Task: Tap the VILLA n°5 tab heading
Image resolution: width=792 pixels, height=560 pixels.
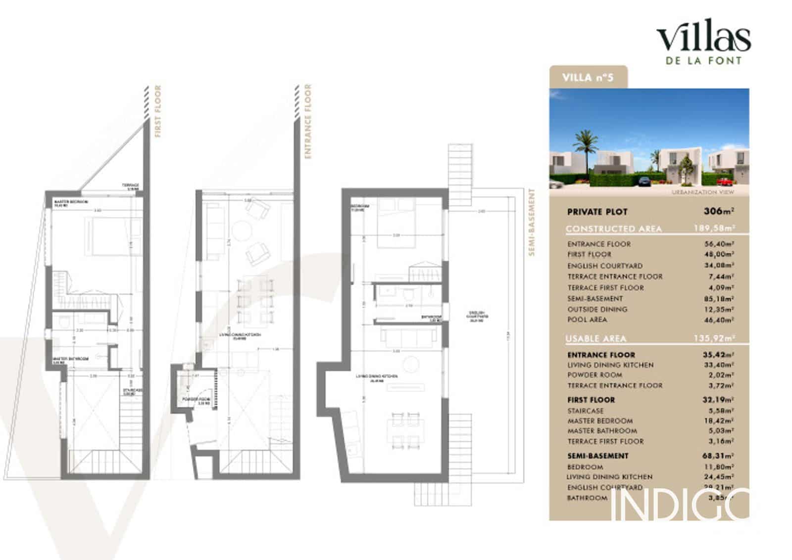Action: [588, 77]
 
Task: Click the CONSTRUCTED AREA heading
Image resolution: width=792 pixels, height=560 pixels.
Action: [613, 229]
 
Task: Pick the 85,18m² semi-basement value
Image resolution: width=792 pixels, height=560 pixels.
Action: [719, 298]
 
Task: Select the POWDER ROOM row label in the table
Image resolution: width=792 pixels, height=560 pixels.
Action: [594, 375]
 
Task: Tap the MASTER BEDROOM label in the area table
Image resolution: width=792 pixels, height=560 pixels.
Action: [600, 421]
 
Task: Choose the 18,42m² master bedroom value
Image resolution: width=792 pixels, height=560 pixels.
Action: [719, 421]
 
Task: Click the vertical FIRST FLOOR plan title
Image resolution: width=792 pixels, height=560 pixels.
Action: [158, 111]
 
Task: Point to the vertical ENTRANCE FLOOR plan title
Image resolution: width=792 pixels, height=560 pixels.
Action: [308, 121]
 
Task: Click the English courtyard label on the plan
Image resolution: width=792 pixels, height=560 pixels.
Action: [478, 316]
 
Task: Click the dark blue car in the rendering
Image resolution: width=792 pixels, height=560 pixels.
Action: [644, 182]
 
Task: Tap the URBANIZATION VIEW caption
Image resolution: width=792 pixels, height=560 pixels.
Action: [703, 192]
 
